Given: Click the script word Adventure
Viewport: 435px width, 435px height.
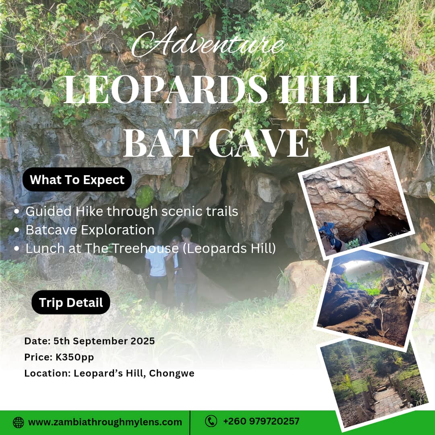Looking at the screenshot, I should click(208, 44).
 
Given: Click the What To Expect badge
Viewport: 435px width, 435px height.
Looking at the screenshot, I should click(77, 180).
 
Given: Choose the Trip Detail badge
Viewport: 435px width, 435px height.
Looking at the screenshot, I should click(71, 302).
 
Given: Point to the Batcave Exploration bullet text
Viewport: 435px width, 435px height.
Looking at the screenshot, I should click(90, 230).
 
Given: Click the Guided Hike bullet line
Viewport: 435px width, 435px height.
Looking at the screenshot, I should click(132, 211).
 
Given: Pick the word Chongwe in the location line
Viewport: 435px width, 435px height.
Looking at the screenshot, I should click(172, 373).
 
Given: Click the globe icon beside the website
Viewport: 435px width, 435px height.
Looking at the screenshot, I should click(18, 422).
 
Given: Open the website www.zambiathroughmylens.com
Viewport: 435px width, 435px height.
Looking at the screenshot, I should click(105, 422).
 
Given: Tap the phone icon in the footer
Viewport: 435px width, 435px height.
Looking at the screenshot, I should click(211, 421).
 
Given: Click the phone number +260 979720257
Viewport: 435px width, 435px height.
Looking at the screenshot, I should click(261, 421).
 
